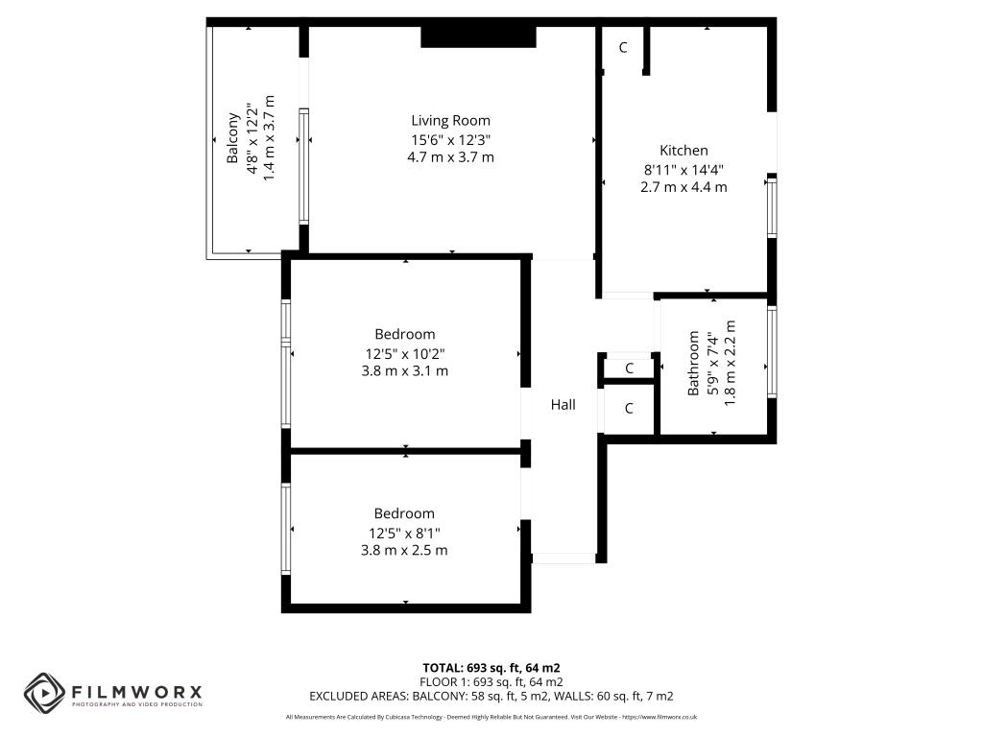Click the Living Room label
450,120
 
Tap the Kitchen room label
683,151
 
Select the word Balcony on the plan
232,138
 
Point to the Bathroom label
693,363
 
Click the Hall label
563,405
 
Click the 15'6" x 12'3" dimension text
450,140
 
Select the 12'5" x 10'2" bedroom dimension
405,353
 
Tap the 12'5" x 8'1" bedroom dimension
404,534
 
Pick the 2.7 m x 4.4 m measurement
683,187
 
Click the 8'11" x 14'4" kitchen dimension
683,169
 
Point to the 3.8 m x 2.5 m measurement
404,550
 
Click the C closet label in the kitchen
622,48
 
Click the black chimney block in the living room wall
478,36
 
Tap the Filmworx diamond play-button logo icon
44,693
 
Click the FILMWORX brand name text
136,692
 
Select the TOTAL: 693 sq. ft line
491,668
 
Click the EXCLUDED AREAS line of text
491,697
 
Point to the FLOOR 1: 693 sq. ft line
491,682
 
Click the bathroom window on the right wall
773,351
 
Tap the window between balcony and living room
303,166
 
